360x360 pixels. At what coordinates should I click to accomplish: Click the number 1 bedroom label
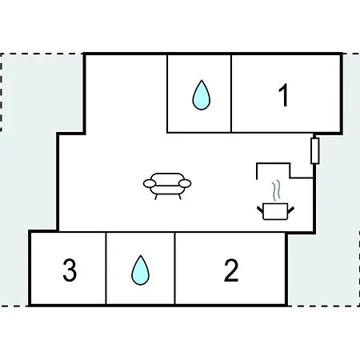tap(283, 95)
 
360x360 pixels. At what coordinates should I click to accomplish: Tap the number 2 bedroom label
tap(231, 270)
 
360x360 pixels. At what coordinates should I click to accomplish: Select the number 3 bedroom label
tap(70, 270)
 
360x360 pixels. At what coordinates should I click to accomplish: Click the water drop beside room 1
tap(202, 95)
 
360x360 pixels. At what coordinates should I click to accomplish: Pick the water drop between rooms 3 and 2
tap(140, 270)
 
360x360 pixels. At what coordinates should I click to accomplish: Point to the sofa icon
tap(167, 186)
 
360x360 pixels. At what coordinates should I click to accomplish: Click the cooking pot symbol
tap(275, 212)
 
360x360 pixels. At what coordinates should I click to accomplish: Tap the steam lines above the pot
tap(276, 190)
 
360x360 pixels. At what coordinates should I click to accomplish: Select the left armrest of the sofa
tap(150, 183)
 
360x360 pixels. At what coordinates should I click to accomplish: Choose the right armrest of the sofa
tap(185, 183)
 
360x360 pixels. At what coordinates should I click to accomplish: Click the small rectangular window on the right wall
tap(315, 150)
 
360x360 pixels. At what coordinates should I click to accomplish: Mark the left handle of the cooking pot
tap(260, 210)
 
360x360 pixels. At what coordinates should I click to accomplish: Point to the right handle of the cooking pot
tap(291, 210)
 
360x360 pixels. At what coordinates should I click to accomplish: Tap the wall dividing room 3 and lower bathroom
tap(106, 268)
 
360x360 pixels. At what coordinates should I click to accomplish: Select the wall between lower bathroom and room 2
tap(174, 268)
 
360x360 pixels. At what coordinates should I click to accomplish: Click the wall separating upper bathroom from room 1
tap(231, 94)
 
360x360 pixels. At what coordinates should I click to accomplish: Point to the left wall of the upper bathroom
tap(167, 94)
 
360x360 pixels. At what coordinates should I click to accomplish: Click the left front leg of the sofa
tap(156, 197)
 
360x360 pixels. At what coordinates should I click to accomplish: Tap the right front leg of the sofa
tap(180, 197)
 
